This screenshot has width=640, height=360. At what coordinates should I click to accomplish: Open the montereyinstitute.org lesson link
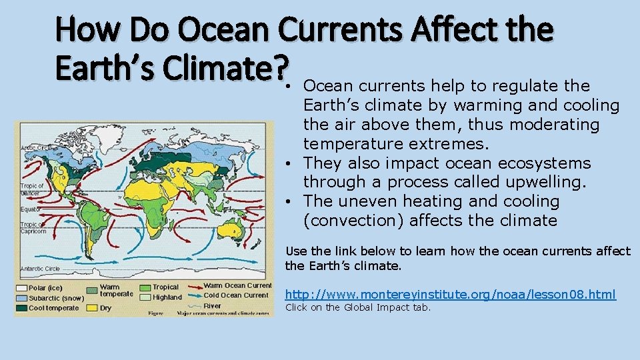point(451,294)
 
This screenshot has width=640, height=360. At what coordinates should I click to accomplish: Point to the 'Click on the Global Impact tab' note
point(358,307)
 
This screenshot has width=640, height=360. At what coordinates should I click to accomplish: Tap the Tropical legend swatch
point(146,287)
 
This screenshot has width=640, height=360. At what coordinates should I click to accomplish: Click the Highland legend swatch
point(146,297)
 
